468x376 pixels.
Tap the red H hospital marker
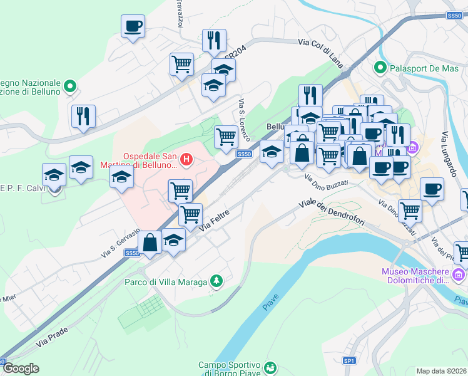click(186, 160)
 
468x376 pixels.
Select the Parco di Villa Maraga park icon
click(216, 282)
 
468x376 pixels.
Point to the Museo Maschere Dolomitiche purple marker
click(458, 275)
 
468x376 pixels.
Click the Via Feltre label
click(214, 221)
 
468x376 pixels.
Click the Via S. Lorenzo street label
click(244, 120)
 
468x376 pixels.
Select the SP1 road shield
click(349, 361)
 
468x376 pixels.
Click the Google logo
click(21, 368)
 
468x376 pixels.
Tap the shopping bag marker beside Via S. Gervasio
click(150, 242)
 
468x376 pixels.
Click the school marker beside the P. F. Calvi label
click(54, 175)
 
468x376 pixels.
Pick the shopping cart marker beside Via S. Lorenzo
click(226, 137)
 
